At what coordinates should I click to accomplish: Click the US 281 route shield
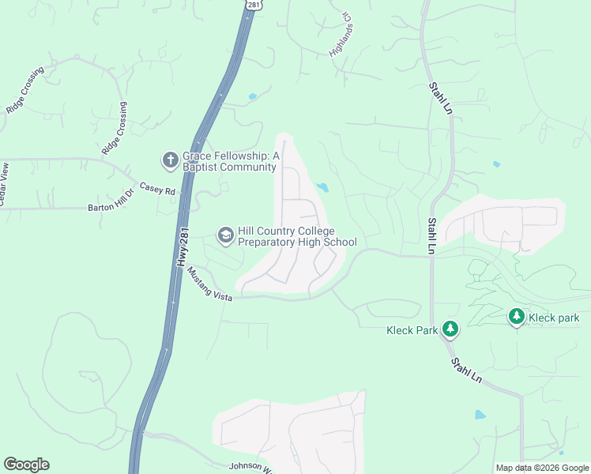pyautogui.click(x=253, y=5)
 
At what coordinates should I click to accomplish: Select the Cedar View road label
pyautogui.click(x=4, y=184)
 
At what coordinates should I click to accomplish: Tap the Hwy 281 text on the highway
pyautogui.click(x=183, y=248)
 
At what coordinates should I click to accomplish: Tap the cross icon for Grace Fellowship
pyautogui.click(x=169, y=161)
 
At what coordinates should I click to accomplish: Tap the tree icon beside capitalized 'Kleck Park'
pyautogui.click(x=450, y=328)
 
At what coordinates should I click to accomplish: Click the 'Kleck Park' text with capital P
pyautogui.click(x=412, y=329)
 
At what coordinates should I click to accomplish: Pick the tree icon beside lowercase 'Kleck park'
pyautogui.click(x=516, y=317)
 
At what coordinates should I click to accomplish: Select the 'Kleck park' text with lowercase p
pyautogui.click(x=554, y=318)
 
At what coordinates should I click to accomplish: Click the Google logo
pyautogui.click(x=26, y=465)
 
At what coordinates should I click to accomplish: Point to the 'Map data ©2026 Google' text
pyautogui.click(x=542, y=468)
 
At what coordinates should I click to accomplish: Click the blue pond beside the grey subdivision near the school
pyautogui.click(x=322, y=187)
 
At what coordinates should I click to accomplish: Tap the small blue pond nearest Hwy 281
pyautogui.click(x=252, y=97)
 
